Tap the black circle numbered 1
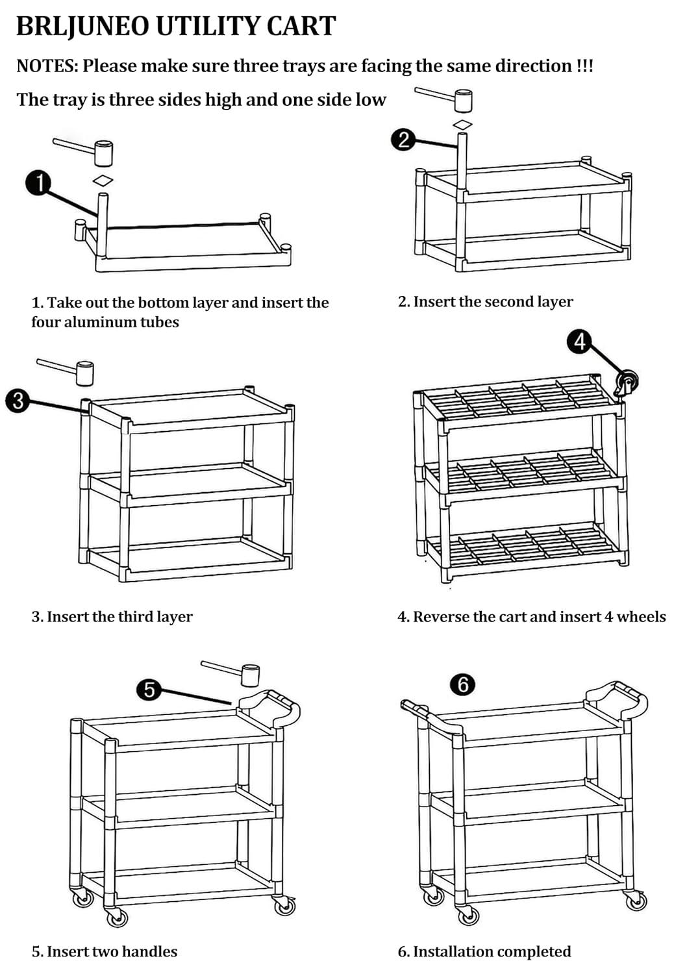click(x=39, y=184)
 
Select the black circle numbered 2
click(x=404, y=140)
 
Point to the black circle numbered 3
click(x=18, y=401)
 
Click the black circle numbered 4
click(x=580, y=341)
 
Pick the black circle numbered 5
click(x=150, y=689)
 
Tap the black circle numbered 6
click(x=463, y=684)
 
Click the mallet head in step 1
click(x=103, y=153)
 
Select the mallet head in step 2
click(x=463, y=101)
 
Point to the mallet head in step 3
click(x=85, y=373)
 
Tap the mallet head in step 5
click(x=250, y=675)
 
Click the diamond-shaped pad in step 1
click(x=103, y=181)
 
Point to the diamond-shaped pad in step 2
click(x=462, y=124)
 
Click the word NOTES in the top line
click(x=47, y=66)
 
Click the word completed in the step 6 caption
click(x=534, y=952)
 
